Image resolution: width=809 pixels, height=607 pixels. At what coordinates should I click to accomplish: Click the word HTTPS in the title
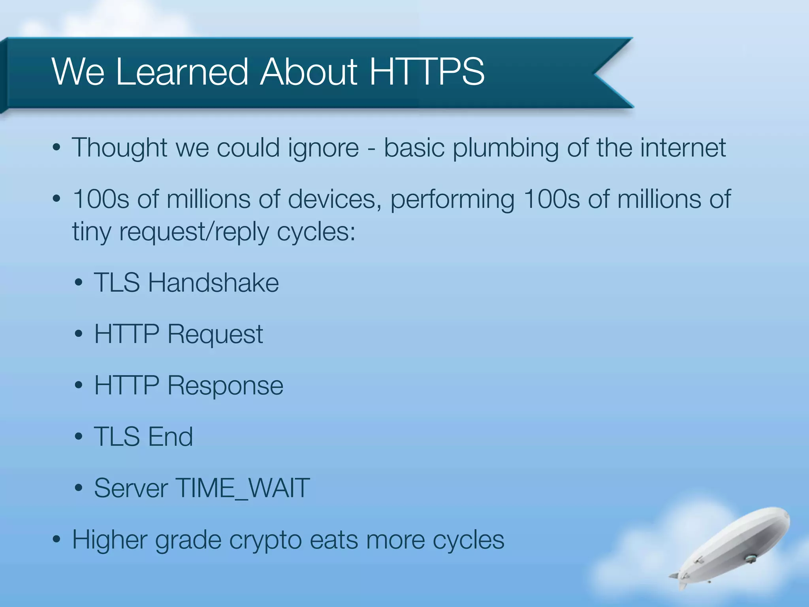point(427,72)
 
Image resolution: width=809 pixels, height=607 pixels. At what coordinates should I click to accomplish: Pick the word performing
point(452,200)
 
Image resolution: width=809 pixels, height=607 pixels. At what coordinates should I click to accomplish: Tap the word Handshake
point(213,283)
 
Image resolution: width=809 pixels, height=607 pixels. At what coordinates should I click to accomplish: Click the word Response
point(225,386)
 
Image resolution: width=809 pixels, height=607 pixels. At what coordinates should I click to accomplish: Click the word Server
point(131,488)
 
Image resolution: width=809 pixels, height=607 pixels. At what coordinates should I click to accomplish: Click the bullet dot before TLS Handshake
point(79,283)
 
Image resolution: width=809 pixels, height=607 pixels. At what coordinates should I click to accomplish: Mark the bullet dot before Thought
point(56,148)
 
